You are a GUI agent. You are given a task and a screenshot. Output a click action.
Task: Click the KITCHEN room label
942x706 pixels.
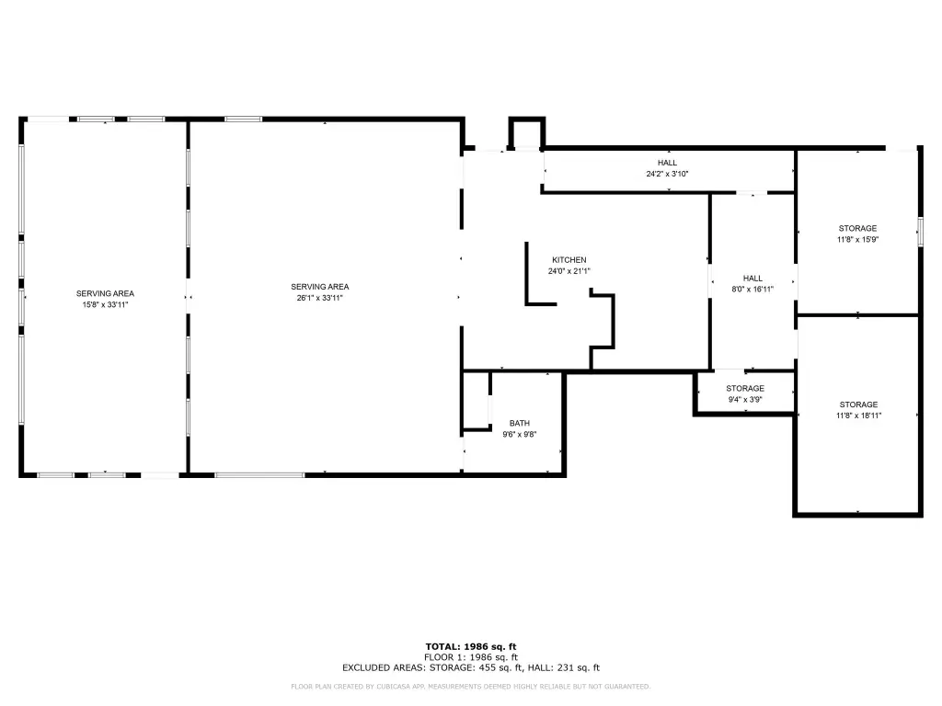tap(569, 260)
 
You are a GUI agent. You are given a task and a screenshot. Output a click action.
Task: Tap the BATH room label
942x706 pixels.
tap(520, 423)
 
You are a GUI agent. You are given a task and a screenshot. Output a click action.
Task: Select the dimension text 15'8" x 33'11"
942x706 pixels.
tap(105, 304)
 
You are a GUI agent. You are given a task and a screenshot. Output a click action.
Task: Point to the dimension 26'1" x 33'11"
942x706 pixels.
tap(319, 298)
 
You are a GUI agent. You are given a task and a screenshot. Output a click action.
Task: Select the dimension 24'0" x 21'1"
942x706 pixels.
tap(569, 271)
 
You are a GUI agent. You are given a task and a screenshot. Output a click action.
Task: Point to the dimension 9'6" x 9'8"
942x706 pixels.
tap(520, 434)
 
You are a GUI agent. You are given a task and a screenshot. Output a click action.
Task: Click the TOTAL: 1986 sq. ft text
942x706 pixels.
tap(471, 646)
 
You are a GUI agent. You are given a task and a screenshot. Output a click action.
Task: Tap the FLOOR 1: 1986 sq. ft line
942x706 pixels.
tap(471, 657)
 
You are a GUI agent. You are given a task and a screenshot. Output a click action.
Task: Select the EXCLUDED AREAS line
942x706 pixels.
tap(471, 667)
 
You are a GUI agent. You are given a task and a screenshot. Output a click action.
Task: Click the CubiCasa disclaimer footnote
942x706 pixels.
tap(471, 686)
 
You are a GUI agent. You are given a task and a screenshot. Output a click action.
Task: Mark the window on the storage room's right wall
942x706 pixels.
tap(920, 231)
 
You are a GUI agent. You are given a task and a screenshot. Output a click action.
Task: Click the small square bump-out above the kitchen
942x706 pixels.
tap(527, 133)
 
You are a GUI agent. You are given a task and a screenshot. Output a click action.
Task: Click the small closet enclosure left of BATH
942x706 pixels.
tap(477, 401)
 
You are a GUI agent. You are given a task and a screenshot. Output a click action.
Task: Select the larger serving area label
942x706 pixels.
tap(319, 287)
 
